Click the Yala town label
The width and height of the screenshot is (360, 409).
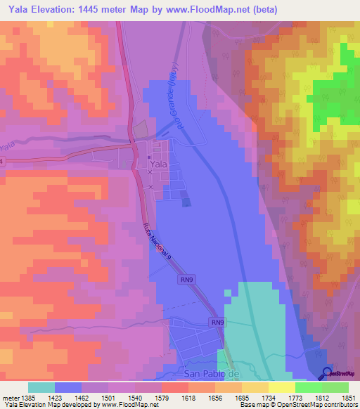159,164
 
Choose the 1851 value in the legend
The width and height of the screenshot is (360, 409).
349,398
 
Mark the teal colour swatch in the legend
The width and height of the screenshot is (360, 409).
41,387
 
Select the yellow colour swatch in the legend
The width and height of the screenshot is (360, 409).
282,387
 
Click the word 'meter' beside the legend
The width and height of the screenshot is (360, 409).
10,398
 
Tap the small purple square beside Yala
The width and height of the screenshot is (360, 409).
186,202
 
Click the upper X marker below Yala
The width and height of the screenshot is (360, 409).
150,172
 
